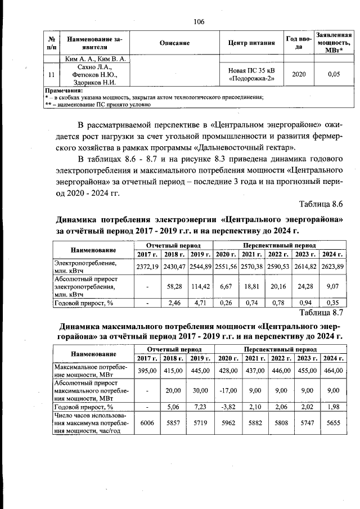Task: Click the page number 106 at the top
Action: pos(199,22)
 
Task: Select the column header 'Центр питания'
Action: pos(251,43)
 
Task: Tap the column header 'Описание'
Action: pos(174,43)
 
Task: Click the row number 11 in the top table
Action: pos(52,74)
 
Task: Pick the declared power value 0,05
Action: pos(334,74)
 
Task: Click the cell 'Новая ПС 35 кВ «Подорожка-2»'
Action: pos(251,74)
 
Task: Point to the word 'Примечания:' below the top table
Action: pos(63,90)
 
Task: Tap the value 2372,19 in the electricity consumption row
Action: pos(147,265)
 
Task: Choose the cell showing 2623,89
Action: pos(332,265)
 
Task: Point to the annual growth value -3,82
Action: pos(228,407)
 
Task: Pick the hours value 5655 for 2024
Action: pos(333,422)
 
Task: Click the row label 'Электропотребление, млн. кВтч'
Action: pos(85,266)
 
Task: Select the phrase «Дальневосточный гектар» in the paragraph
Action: pos(247,148)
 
